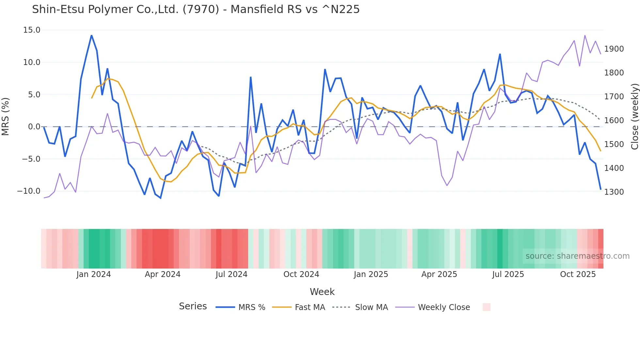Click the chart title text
coord(196,9)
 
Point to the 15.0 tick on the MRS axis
coord(32,30)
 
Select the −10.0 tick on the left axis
coord(29,191)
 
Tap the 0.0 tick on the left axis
coord(34,127)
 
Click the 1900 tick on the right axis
coord(614,49)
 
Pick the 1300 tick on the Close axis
coord(614,192)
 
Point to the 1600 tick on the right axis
coord(614,121)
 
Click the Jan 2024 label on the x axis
coord(94,274)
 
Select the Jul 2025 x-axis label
coord(508,274)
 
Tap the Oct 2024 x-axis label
coord(301,274)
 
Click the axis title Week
coord(322,292)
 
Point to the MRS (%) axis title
coord(6,116)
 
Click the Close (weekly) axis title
coord(634,116)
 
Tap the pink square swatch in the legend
coord(487,307)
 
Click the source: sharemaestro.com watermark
coord(577,256)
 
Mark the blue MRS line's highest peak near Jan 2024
coord(91,35)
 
